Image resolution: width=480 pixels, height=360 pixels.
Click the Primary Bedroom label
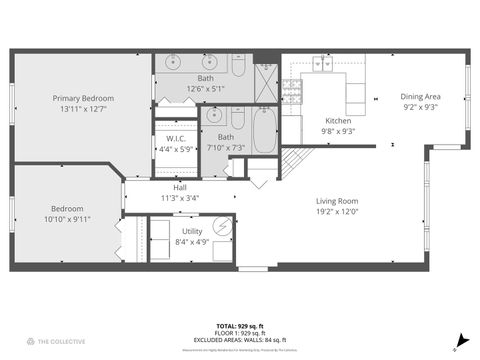(84, 98)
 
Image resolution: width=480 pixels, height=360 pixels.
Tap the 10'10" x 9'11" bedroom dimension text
(66, 218)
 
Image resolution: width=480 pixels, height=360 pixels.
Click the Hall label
(180, 187)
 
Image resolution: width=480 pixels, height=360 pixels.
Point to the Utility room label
(191, 231)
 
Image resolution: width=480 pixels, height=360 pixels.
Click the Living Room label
(337, 201)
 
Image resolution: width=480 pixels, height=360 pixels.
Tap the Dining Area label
(421, 96)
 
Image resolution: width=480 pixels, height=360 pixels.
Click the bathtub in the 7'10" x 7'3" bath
(264, 130)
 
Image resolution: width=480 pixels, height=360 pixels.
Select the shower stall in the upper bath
(266, 83)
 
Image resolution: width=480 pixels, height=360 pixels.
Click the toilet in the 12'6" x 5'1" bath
(238, 67)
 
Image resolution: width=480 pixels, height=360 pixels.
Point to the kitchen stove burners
(291, 92)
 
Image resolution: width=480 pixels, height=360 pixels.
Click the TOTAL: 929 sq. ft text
(240, 326)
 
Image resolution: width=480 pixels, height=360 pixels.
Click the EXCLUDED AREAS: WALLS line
(240, 340)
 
